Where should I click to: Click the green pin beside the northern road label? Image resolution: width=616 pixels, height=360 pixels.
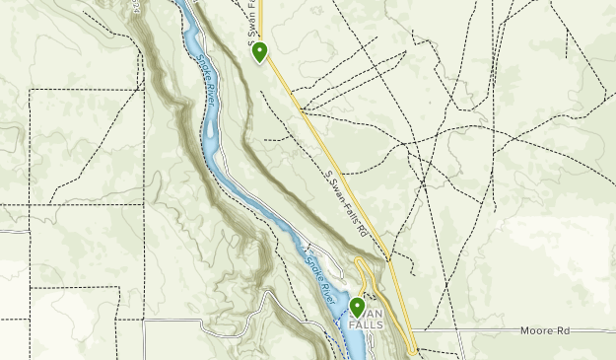(260, 51)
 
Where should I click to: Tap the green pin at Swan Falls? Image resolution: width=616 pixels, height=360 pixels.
(357, 307)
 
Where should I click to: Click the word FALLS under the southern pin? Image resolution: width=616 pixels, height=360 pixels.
(358, 327)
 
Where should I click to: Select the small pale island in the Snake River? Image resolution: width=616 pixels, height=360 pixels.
(210, 129)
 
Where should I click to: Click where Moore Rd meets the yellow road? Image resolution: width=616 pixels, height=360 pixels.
(412, 331)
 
